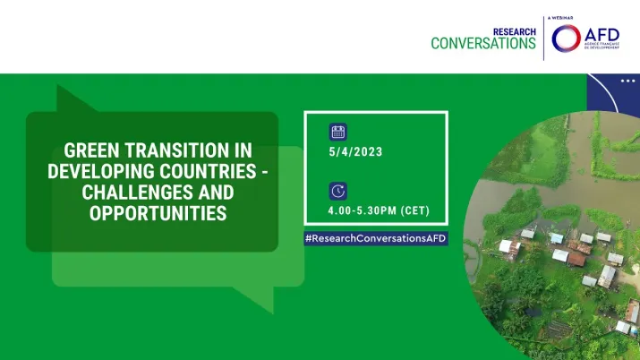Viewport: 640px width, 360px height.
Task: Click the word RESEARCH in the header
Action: [514, 31]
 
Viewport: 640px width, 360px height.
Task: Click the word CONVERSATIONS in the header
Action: [483, 44]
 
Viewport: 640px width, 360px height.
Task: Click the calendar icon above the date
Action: [337, 133]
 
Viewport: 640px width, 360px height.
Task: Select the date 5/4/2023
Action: [355, 152]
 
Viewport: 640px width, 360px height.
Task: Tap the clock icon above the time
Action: [337, 191]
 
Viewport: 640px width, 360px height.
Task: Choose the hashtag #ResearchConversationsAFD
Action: [376, 239]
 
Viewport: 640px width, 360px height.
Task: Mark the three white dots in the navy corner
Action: [627, 81]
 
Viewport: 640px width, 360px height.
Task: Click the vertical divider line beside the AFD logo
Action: [543, 38]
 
